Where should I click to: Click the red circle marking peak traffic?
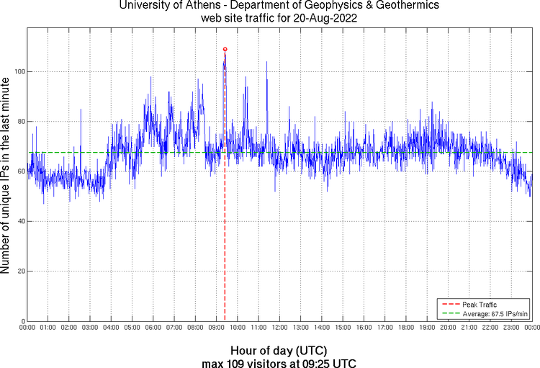click(225, 49)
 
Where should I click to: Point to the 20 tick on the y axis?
click(20, 271)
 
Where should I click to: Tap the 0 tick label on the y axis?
click(22, 321)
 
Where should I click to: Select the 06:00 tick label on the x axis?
click(153, 328)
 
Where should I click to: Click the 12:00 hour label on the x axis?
click(279, 328)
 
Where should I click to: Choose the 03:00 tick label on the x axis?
click(90, 328)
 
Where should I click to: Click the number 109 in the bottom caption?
click(239, 364)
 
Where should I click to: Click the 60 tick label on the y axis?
click(20, 171)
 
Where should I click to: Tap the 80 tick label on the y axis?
click(20, 122)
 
